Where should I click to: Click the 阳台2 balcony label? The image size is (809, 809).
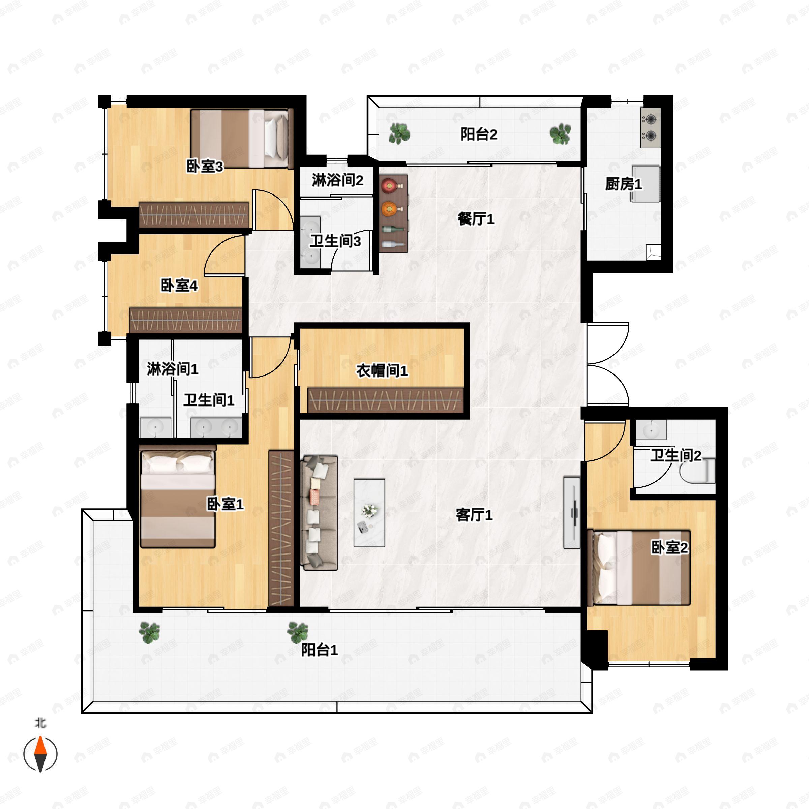pyautogui.click(x=479, y=135)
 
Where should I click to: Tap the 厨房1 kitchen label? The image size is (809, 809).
pyautogui.click(x=623, y=184)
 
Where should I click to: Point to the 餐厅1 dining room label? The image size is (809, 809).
pyautogui.click(x=476, y=219)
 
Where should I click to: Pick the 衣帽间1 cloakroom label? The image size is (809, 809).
pyautogui.click(x=382, y=370)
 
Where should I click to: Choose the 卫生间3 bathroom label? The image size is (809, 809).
pyautogui.click(x=335, y=242)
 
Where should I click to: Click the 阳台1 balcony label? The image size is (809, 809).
pyautogui.click(x=319, y=650)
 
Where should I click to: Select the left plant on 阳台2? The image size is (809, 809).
pyautogui.click(x=399, y=133)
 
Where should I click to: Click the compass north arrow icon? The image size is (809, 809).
pyautogui.click(x=40, y=754)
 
